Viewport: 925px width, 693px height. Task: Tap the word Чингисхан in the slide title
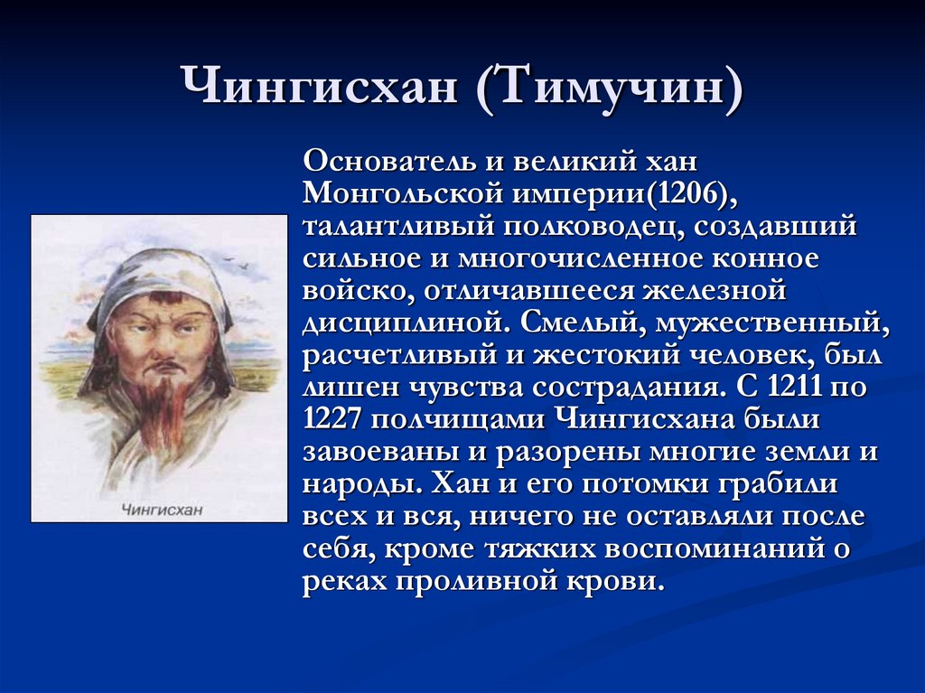point(319,88)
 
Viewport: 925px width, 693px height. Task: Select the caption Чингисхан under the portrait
point(162,510)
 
